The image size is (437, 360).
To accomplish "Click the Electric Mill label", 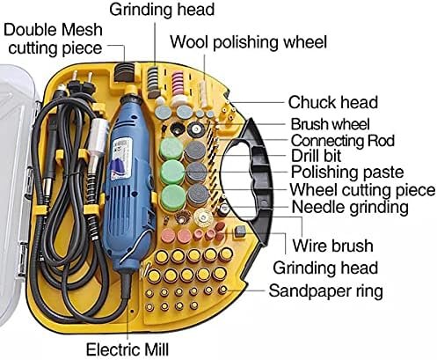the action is (127, 349).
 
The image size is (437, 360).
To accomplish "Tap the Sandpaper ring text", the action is (326, 291).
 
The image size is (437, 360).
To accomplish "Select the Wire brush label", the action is (333, 246).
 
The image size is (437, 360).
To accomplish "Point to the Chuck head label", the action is (333, 102).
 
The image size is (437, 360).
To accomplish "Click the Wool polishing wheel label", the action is (249, 42).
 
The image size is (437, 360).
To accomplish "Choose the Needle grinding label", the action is (350, 208).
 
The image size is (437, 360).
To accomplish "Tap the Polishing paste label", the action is (347, 172).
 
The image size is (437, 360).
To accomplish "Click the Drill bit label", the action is (316, 156).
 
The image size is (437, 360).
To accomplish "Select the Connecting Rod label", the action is (343, 141).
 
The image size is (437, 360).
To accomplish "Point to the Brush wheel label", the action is (330, 124).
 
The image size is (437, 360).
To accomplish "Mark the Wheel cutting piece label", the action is (362, 190).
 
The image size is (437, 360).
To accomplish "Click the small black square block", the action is (240, 231).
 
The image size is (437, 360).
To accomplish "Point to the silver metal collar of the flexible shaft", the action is (99, 132).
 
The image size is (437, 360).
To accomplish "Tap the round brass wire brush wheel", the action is (203, 217).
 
